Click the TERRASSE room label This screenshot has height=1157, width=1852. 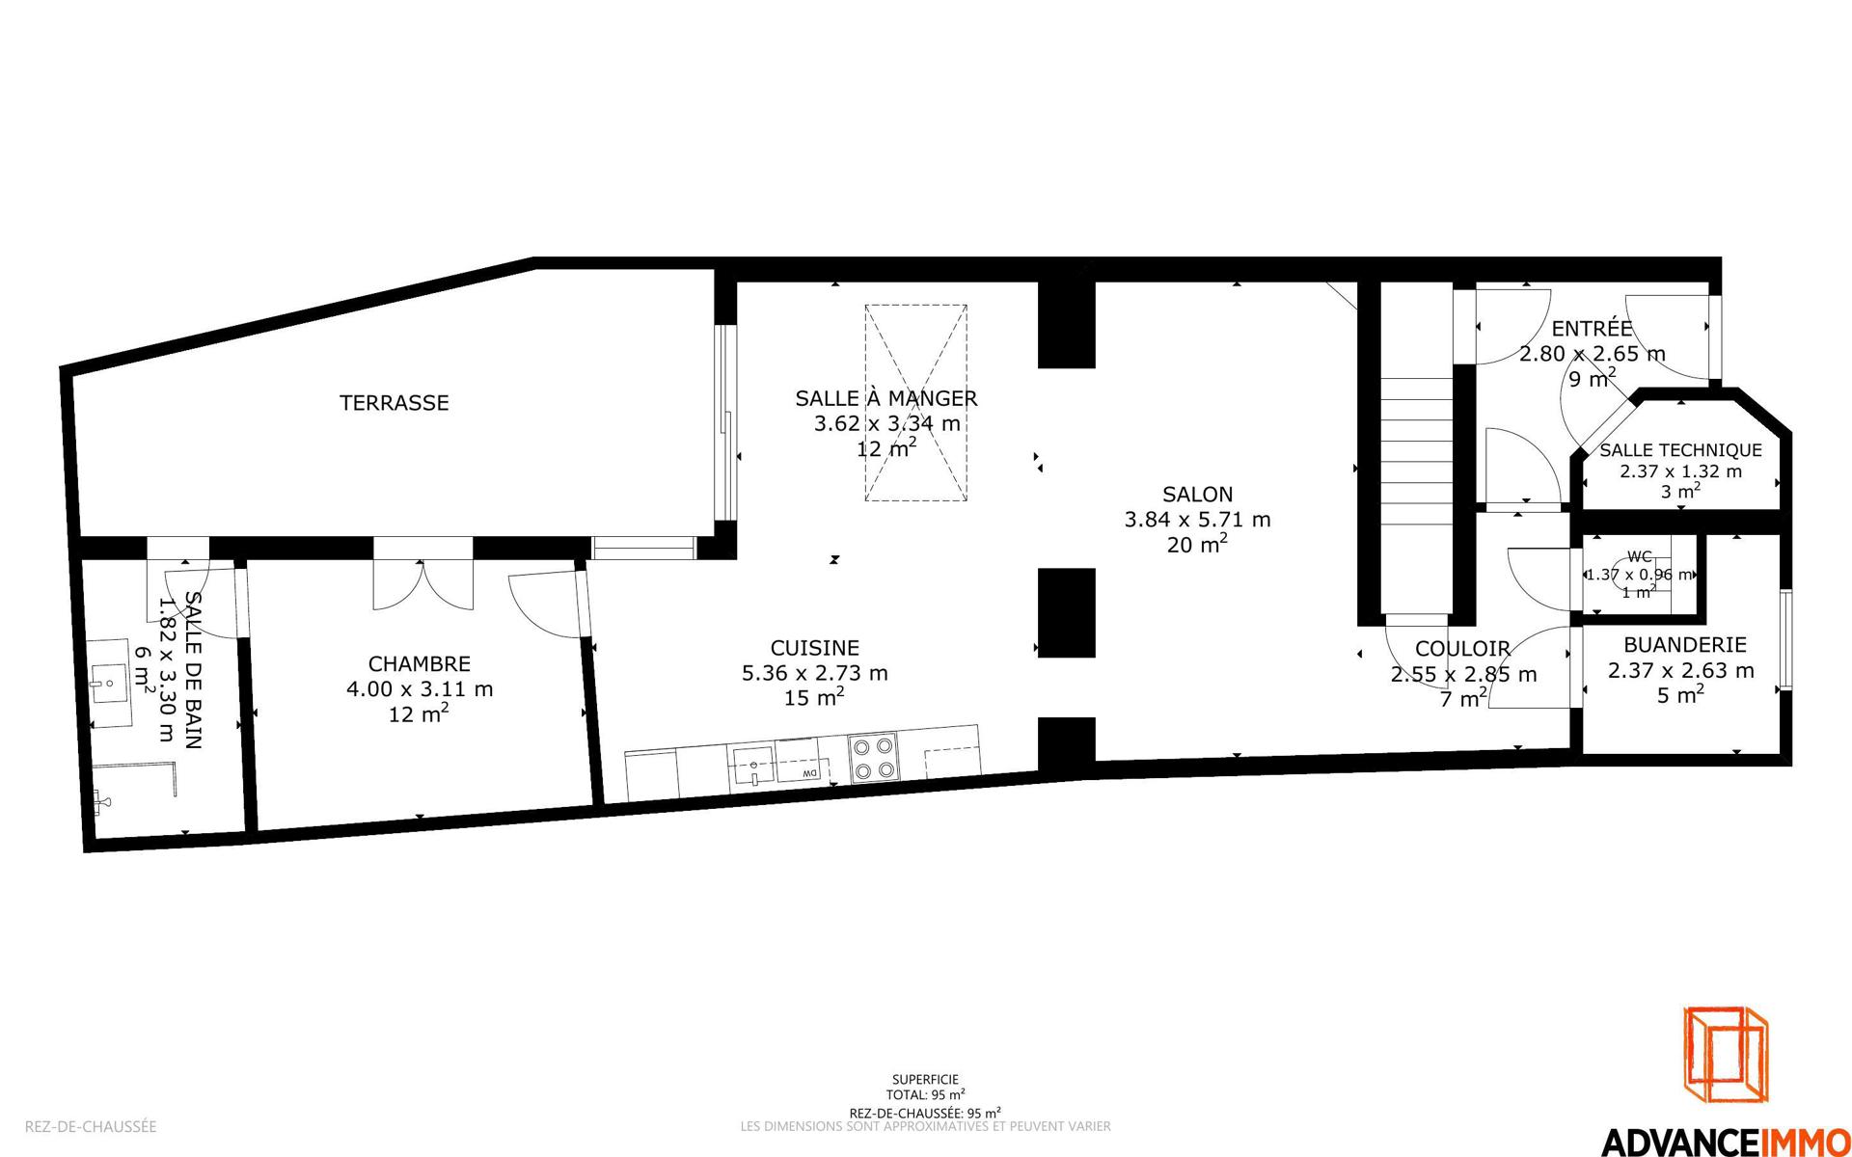(x=394, y=403)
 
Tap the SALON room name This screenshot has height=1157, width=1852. (x=1197, y=495)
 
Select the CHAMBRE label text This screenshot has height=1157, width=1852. (x=420, y=664)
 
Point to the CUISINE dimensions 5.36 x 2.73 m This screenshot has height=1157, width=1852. (x=815, y=673)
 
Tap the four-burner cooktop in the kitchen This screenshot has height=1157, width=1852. (x=874, y=757)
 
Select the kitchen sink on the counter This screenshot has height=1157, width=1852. (x=752, y=767)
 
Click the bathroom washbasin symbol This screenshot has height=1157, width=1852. (x=109, y=683)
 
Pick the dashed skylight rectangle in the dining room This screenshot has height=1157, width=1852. (x=915, y=402)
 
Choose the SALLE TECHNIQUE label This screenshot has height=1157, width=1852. (x=1680, y=450)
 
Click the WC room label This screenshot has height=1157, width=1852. (x=1640, y=556)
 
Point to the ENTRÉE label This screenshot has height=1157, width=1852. (x=1593, y=329)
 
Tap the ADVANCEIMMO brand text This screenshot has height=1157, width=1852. (x=1725, y=1141)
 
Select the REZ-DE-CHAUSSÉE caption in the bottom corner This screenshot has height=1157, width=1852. (x=91, y=1126)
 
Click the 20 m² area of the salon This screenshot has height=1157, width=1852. (x=1197, y=544)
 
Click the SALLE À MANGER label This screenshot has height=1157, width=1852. (x=886, y=398)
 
